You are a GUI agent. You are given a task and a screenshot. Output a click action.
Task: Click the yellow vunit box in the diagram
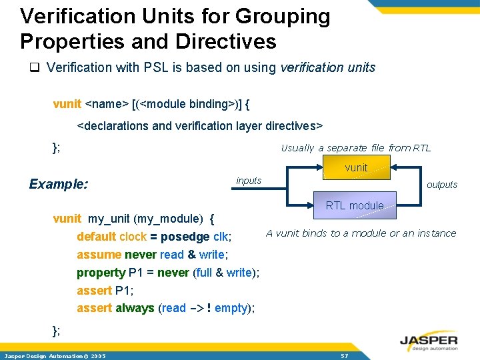(x=357, y=168)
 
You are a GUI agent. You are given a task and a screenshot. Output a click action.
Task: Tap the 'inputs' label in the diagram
(x=249, y=181)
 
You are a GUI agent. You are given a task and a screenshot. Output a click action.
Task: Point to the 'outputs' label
(x=441, y=185)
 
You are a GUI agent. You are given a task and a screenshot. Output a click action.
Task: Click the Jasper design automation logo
(x=429, y=341)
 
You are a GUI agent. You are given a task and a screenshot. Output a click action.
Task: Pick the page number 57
(x=344, y=356)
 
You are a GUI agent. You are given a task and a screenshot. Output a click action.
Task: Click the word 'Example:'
(x=59, y=184)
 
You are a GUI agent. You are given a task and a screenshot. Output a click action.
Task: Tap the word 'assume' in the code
(x=99, y=255)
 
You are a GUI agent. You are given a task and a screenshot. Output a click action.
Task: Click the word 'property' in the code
(x=101, y=273)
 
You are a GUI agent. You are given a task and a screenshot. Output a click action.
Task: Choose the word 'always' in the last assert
(x=135, y=308)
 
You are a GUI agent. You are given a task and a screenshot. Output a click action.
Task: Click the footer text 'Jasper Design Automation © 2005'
(x=55, y=356)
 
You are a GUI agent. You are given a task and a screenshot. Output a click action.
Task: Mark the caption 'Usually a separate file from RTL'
(x=355, y=148)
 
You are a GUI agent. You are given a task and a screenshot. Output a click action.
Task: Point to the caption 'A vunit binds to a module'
(x=361, y=233)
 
